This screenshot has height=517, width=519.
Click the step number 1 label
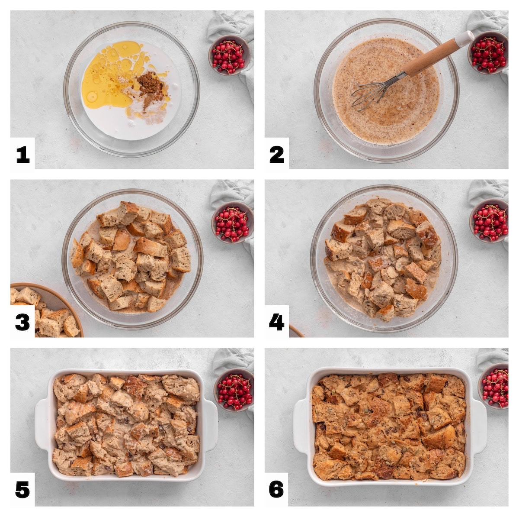tap(22, 155)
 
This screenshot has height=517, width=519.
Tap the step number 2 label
tap(276, 155)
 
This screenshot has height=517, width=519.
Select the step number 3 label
tap(22, 323)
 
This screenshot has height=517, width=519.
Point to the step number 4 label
tap(276, 323)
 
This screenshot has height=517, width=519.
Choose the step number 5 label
tap(22, 490)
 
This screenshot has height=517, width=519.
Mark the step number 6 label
tap(276, 490)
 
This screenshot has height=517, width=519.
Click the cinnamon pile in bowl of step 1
tap(148, 84)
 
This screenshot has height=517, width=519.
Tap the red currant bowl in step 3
tap(232, 223)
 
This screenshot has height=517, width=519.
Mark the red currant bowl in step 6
tap(495, 386)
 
